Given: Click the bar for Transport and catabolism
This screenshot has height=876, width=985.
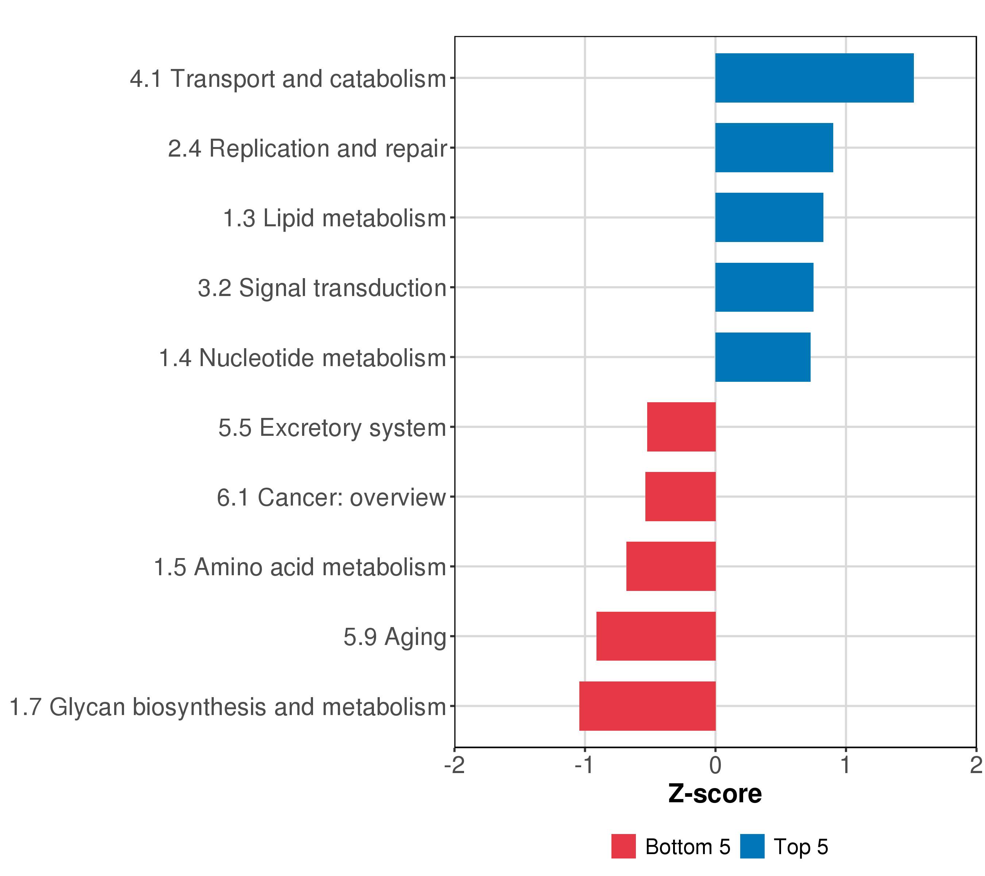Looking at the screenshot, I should (814, 78).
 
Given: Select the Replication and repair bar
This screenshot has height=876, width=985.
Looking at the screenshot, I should (774, 147).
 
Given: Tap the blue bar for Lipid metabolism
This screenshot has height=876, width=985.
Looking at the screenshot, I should (769, 218).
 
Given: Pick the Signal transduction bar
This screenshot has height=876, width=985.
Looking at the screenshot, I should (764, 287).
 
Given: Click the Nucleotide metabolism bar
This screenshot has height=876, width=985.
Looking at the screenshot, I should (763, 357).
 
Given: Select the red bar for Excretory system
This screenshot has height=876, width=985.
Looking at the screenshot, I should (681, 427).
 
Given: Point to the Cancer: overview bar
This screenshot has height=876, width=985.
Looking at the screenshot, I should (680, 496).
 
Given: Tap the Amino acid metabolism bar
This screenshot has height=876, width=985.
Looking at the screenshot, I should (671, 566).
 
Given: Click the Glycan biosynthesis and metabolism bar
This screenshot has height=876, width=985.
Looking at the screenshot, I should (647, 706).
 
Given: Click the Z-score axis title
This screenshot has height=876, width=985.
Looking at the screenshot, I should (715, 794).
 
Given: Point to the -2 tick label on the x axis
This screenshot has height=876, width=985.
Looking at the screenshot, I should (455, 765).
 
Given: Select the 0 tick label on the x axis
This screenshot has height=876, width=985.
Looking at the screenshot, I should (715, 765).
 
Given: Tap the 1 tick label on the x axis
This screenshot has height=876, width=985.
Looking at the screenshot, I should (845, 765).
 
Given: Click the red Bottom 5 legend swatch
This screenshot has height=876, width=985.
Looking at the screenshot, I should (623, 846).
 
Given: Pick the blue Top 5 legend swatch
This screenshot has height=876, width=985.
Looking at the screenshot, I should (752, 846).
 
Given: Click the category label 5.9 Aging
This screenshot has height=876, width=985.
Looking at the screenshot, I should (395, 637).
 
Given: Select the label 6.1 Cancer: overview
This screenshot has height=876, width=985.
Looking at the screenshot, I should (331, 497).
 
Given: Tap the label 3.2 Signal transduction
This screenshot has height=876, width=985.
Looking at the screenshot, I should (322, 288).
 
